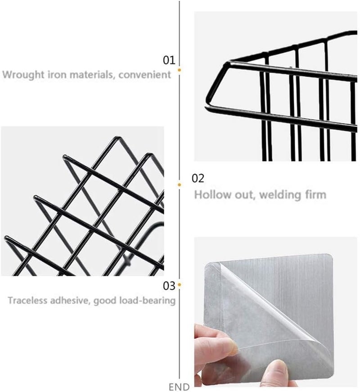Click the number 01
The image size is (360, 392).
(169, 60)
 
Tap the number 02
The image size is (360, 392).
(198, 178)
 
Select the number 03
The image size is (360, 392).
(169, 286)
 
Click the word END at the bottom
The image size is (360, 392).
(179, 387)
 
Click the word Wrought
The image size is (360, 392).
(23, 75)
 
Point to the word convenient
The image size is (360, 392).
(145, 74)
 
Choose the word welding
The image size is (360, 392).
(280, 195)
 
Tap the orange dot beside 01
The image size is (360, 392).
(179, 70)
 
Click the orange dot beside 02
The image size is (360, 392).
(179, 185)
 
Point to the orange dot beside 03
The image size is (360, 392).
(179, 285)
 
